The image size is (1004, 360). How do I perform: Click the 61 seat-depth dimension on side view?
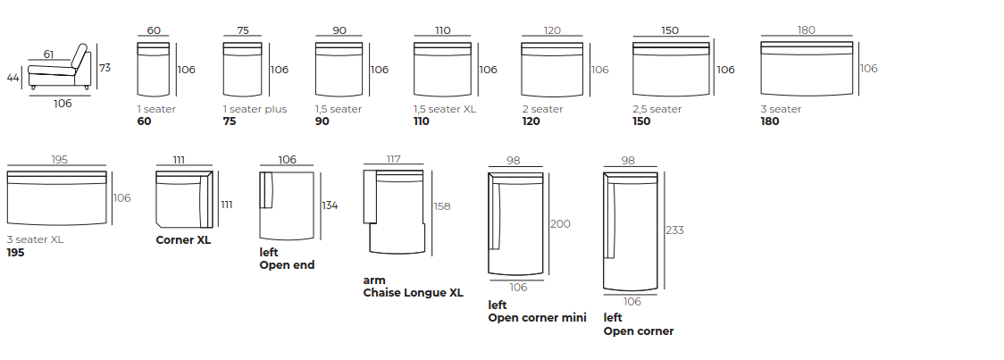pos(48,55)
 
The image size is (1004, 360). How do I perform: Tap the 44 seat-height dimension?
pos(13,78)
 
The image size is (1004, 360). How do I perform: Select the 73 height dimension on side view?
pos(105,68)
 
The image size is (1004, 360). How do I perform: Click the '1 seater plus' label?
pos(255,109)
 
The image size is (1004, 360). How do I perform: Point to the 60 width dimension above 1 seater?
pos(154,30)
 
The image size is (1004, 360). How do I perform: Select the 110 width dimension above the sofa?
pos(443,30)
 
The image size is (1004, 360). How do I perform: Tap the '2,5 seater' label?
pos(657,109)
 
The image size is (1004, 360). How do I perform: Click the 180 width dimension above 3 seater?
pos(806,30)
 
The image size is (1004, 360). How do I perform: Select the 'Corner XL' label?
pos(183,239)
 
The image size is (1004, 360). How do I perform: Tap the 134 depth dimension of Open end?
pos(330,205)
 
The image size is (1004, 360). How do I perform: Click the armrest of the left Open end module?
pos(266,190)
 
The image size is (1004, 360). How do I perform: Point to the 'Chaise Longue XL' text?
pos(413,292)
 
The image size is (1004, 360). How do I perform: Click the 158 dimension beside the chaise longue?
pos(441,205)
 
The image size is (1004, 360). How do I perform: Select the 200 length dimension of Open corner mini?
pos(560,223)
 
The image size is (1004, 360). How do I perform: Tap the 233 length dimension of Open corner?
pos(675,230)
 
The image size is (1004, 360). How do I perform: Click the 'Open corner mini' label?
pos(537,317)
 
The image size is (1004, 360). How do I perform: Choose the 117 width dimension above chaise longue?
pos(393,159)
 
